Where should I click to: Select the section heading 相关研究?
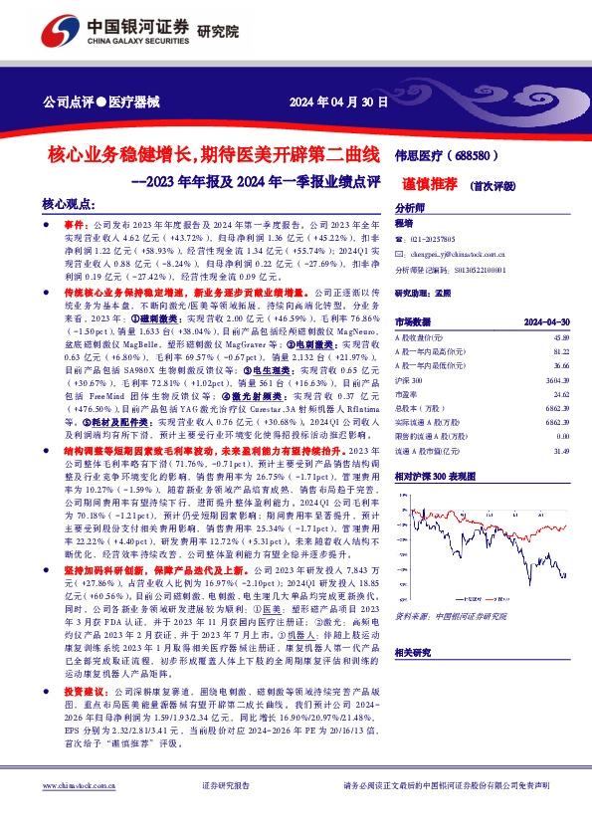pyautogui.click(x=413, y=650)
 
